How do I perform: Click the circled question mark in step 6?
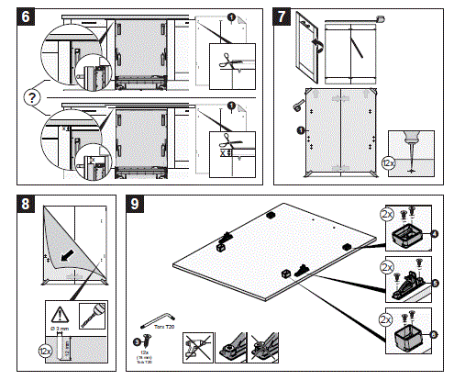pos(33,95)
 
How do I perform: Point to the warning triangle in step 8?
pos(61,311)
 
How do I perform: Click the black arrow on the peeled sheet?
pos(67,252)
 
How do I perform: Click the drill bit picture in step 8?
pos(89,313)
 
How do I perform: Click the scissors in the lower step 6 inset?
pos(225,142)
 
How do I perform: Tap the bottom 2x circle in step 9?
pos(386,322)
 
